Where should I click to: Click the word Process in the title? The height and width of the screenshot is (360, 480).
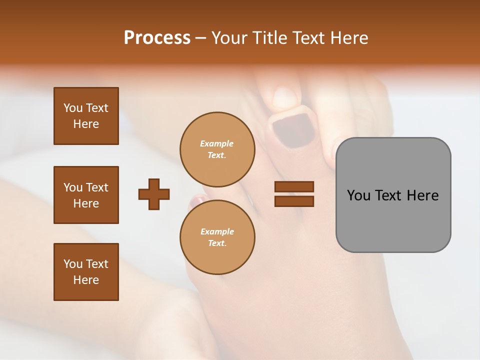[x=157, y=38]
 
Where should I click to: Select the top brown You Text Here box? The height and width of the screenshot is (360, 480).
[x=86, y=116]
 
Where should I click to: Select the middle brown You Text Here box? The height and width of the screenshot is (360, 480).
[x=86, y=195]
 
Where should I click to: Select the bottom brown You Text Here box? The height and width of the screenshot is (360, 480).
[x=86, y=272]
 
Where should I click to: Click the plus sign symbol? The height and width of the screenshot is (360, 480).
[x=154, y=194]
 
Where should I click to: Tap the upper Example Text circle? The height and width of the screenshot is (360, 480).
[x=217, y=149]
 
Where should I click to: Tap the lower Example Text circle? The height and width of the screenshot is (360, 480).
[x=217, y=237]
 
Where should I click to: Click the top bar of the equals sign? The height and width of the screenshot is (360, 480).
[x=294, y=186]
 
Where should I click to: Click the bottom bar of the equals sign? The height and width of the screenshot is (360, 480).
[x=294, y=201]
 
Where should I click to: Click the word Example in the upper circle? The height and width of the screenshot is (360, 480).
[x=216, y=143]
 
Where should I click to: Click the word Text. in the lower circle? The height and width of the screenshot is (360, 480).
[x=217, y=243]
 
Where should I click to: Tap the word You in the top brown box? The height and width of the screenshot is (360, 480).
[x=73, y=108]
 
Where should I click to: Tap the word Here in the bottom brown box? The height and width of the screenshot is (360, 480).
[x=86, y=280]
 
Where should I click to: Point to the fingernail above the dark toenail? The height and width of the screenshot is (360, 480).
[x=285, y=97]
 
